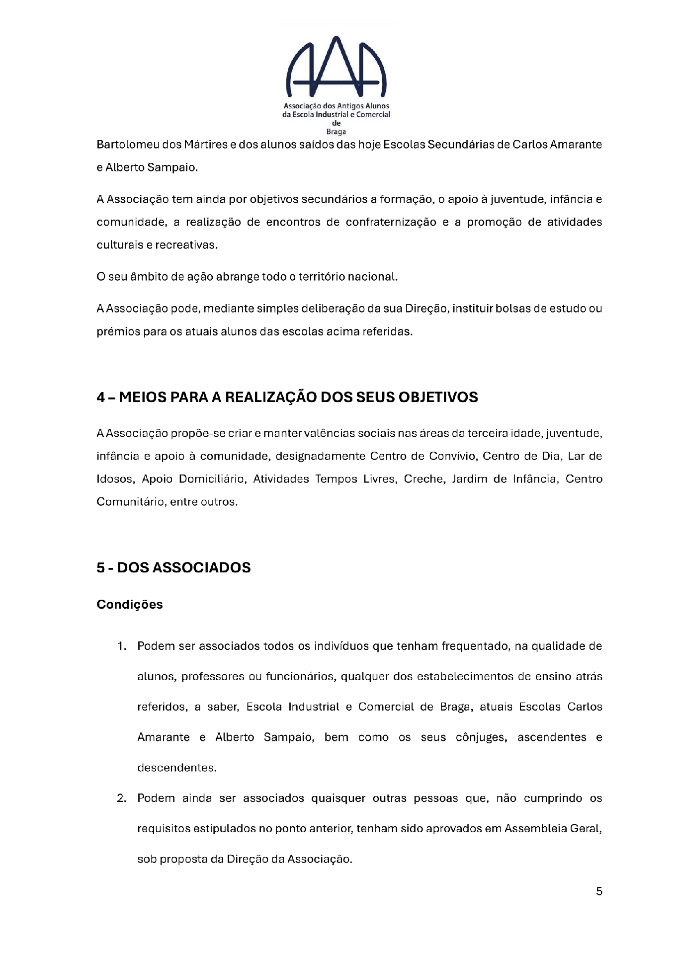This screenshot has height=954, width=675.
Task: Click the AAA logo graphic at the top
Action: (x=337, y=67)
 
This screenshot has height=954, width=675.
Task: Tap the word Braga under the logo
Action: (x=336, y=132)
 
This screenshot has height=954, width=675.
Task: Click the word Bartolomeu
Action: (x=127, y=145)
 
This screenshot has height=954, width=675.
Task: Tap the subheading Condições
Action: (x=130, y=604)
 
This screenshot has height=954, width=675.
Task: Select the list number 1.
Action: (x=121, y=646)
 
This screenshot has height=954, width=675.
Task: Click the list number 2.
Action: (x=121, y=798)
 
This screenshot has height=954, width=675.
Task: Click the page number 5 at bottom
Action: (x=599, y=891)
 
